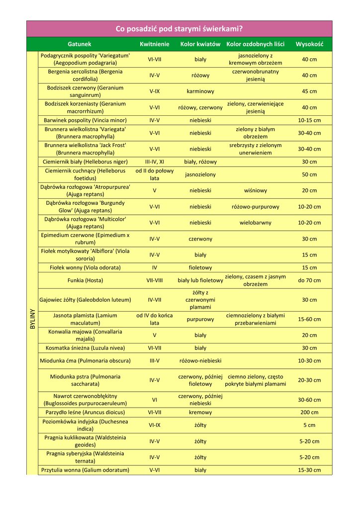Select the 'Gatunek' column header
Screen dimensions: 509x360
click(80, 44)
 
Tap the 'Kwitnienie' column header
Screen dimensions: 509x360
click(154, 44)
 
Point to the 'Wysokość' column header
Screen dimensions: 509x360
click(309, 44)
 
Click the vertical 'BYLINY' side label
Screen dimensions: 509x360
click(32, 319)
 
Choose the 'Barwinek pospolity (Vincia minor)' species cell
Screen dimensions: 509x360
click(85, 120)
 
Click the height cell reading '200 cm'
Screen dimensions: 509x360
click(309, 413)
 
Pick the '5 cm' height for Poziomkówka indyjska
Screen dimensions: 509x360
click(309, 425)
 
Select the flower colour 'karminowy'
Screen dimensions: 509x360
click(200, 91)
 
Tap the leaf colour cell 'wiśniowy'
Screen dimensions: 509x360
click(256, 190)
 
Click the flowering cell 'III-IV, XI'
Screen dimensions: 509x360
click(155, 162)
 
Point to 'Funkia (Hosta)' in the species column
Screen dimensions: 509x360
click(85, 280)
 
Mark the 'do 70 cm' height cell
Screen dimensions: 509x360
click(309, 280)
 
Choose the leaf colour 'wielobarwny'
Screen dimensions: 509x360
click(256, 223)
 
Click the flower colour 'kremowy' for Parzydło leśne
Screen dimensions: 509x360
click(200, 413)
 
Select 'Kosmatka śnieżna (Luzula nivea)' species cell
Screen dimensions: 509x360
click(85, 348)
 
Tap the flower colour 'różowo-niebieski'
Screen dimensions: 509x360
click(200, 361)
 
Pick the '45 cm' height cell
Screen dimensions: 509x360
click(309, 91)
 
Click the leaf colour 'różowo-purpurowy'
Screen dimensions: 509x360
click(256, 207)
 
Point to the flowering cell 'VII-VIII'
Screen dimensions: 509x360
click(155, 280)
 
